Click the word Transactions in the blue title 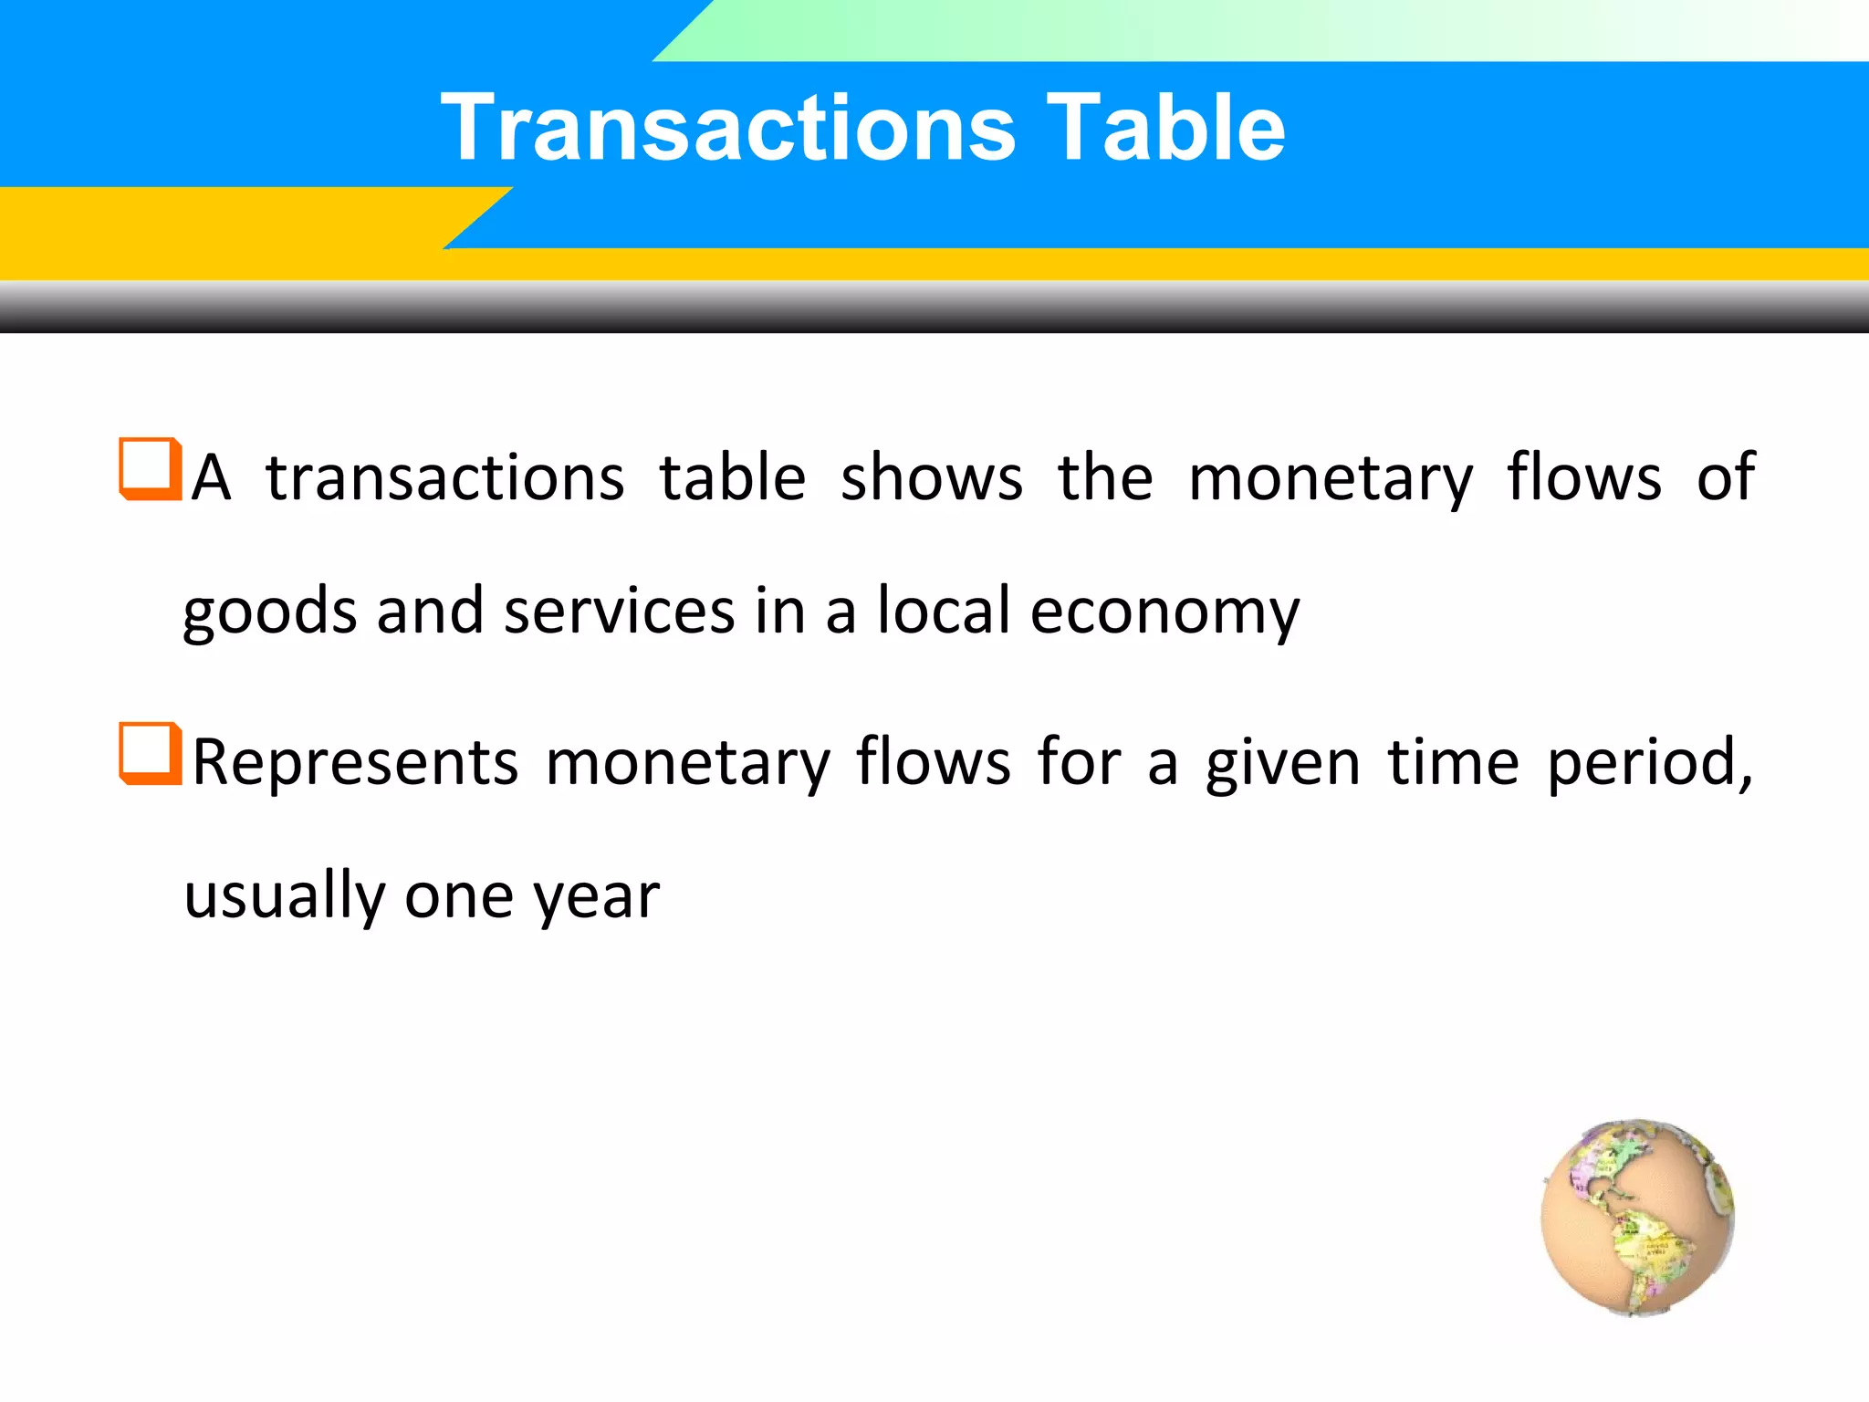[728, 128]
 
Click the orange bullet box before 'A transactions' [150, 469]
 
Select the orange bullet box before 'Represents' [150, 754]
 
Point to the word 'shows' [931, 478]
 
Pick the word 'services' [619, 612]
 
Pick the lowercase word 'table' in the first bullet [733, 476]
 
